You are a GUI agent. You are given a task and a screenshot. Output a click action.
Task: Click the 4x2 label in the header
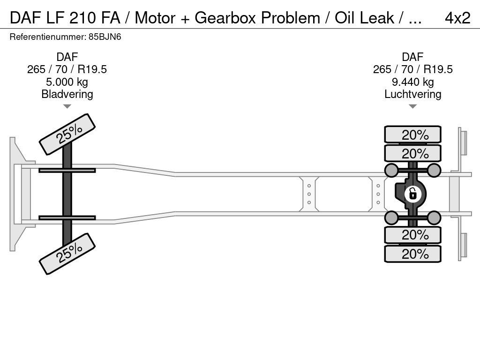click(457, 17)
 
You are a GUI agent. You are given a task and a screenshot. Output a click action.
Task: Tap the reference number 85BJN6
click(107, 37)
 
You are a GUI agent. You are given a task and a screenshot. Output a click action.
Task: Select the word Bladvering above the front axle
click(67, 94)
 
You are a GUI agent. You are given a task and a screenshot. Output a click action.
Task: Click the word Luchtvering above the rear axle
click(412, 94)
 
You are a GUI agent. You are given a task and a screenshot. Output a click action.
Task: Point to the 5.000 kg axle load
click(67, 82)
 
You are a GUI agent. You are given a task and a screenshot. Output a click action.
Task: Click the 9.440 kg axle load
click(412, 82)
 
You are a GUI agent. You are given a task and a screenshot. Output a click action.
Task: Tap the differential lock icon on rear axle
click(412, 193)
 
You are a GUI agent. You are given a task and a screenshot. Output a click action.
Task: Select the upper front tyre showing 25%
click(67, 135)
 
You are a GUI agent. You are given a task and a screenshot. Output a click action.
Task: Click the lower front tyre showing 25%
click(67, 253)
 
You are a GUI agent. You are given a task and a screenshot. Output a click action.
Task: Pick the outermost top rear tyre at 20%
click(412, 135)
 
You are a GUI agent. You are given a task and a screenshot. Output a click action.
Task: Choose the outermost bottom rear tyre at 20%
click(412, 254)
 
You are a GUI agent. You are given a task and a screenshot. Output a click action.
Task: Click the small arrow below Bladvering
click(67, 106)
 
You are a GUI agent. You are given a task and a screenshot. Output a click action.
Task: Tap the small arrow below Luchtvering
click(412, 106)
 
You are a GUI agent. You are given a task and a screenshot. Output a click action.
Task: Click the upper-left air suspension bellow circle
click(391, 170)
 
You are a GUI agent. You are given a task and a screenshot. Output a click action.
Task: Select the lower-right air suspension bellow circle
click(434, 217)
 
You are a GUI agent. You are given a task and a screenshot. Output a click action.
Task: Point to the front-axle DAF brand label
click(67, 57)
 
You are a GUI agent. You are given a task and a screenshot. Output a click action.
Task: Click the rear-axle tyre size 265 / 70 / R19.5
click(412, 69)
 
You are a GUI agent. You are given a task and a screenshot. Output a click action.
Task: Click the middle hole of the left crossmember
click(309, 194)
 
